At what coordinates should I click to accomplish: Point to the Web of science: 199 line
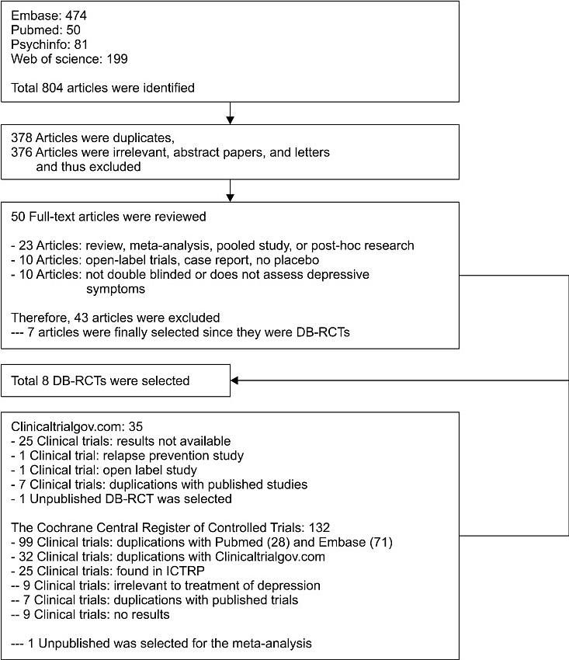69,58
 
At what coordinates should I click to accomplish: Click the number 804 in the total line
51,88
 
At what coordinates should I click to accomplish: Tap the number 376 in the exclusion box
22,152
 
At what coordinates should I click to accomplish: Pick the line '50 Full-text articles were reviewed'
108,216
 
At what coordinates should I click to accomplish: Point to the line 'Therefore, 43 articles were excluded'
116,317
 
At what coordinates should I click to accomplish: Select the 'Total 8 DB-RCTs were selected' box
100,381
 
